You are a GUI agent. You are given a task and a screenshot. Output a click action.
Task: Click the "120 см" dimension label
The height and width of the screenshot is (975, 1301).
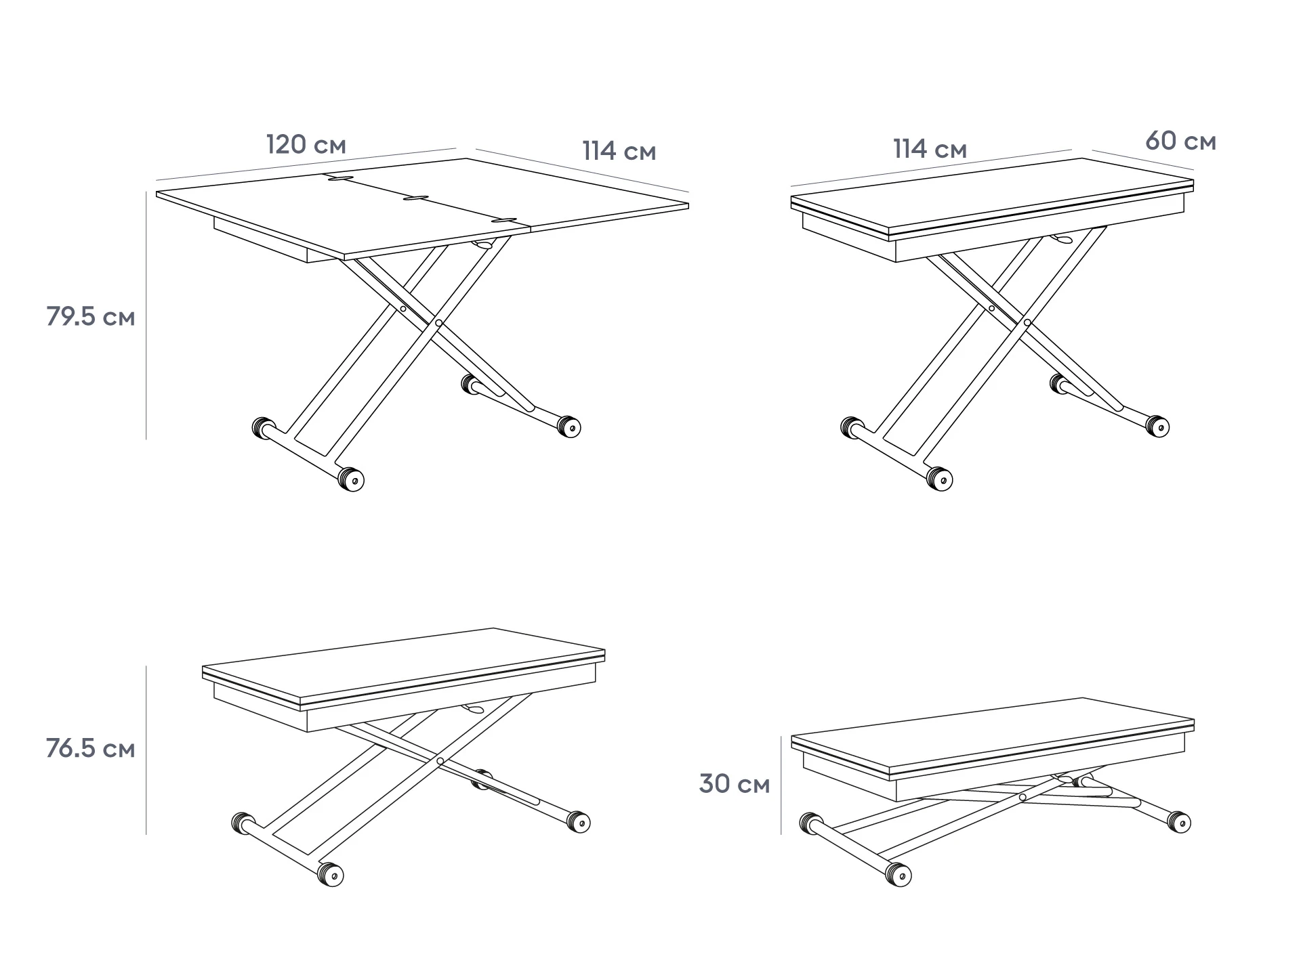pos(306,144)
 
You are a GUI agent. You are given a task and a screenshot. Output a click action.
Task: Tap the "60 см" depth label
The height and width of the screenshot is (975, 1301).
pos(1180,142)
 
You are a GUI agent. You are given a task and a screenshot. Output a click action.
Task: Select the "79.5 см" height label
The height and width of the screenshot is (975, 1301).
pos(91,316)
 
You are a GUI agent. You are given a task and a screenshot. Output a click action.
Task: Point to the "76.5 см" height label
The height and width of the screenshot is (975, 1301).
pos(91,749)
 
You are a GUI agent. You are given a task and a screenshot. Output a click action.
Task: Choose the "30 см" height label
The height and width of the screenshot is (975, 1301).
pos(735,784)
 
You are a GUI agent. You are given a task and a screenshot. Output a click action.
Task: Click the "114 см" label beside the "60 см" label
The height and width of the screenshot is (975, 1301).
pos(930,149)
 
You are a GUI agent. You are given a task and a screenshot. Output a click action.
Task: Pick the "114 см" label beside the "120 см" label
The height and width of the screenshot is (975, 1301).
pos(619,151)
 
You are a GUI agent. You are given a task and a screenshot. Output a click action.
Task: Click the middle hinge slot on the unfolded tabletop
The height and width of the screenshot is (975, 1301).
pos(416,198)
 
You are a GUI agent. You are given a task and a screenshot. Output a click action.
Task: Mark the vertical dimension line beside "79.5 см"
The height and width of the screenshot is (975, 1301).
pos(146,316)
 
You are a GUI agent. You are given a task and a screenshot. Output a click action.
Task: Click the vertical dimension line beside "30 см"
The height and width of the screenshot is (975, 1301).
pos(781,785)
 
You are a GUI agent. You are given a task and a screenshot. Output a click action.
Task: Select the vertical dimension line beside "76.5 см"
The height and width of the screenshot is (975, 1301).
pos(146,750)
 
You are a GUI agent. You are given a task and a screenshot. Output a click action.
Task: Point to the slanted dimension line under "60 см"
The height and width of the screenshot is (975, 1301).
pos(1142,160)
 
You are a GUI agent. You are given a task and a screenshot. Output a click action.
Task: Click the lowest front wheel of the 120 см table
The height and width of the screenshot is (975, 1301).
pos(351,479)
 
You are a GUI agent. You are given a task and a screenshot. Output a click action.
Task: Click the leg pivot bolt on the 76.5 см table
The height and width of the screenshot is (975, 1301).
pos(440,761)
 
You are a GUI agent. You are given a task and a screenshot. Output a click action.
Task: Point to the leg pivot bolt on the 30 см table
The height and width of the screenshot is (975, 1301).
pos(1023,798)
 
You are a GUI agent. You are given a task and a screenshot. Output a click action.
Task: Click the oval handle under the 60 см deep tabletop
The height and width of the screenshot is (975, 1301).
pos(1061,239)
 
